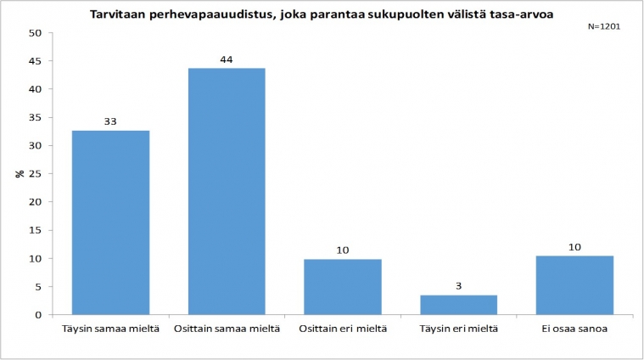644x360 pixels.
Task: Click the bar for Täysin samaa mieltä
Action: click(111, 222)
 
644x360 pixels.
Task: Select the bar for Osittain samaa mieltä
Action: click(227, 191)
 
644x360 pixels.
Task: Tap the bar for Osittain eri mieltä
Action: click(343, 287)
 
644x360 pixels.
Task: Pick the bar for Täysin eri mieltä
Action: click(459, 305)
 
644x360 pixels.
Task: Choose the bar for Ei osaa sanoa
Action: click(574, 285)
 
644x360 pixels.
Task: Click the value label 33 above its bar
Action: click(111, 121)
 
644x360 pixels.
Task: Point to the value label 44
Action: click(227, 59)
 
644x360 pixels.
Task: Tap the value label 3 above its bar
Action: click(459, 286)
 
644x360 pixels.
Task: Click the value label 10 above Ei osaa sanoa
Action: click(574, 246)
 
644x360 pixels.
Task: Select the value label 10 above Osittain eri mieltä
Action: click(343, 250)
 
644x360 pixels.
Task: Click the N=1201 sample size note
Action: click(604, 26)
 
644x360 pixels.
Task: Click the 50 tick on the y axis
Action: click(35, 33)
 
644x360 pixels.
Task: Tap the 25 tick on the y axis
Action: click(35, 174)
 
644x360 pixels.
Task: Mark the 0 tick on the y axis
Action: click(38, 315)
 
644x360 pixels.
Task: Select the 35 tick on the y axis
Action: click(35, 117)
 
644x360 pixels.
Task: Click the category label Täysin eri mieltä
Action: click(459, 328)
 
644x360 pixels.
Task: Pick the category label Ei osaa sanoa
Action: click(574, 328)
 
